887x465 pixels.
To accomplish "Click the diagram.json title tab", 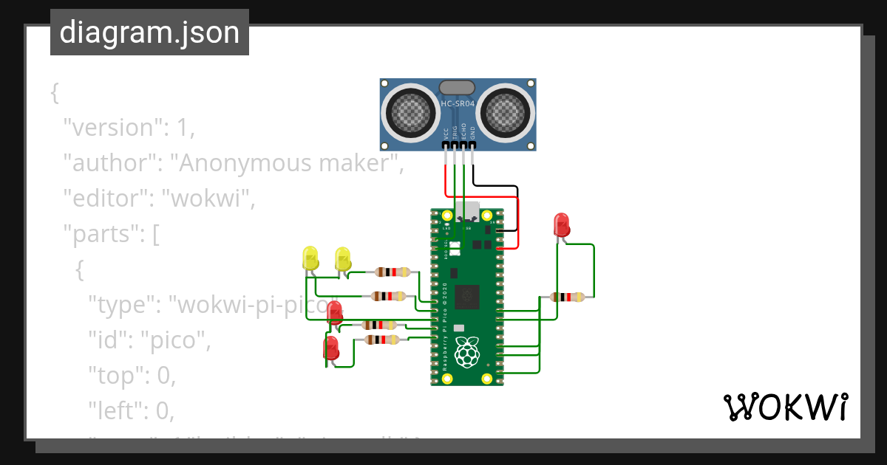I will tap(149, 33).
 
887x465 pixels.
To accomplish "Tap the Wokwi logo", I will tap(784, 407).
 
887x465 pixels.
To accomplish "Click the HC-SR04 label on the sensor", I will tap(458, 105).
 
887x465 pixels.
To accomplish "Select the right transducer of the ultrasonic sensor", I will tap(507, 113).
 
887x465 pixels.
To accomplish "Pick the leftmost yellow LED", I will tap(310, 259).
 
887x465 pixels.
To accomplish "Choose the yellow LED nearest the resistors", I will tap(343, 259).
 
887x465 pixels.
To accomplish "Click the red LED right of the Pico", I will tap(561, 224).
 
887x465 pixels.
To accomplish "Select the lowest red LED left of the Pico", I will tap(331, 347).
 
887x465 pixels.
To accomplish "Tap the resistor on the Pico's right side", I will tap(568, 297).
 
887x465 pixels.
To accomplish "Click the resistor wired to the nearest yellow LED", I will tap(392, 272).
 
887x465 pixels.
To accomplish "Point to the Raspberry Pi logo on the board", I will tap(466, 352).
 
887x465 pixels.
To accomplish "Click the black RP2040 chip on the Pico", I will tap(466, 297).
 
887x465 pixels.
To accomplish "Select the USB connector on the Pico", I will tap(467, 212).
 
